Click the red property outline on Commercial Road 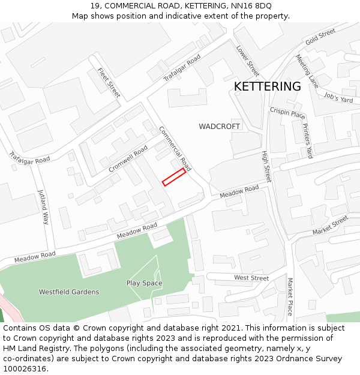[174, 177]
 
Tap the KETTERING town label [267, 86]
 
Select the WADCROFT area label [220, 127]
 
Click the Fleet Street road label [109, 83]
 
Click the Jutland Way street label [43, 207]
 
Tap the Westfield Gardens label [69, 292]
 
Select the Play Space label [144, 283]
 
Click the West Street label [251, 278]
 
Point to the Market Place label [289, 296]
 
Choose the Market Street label [330, 226]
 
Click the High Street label [267, 166]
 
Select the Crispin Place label [287, 113]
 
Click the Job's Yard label [338, 98]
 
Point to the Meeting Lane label [307, 71]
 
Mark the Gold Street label [320, 37]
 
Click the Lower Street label [247, 61]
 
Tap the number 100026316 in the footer [24, 368]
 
